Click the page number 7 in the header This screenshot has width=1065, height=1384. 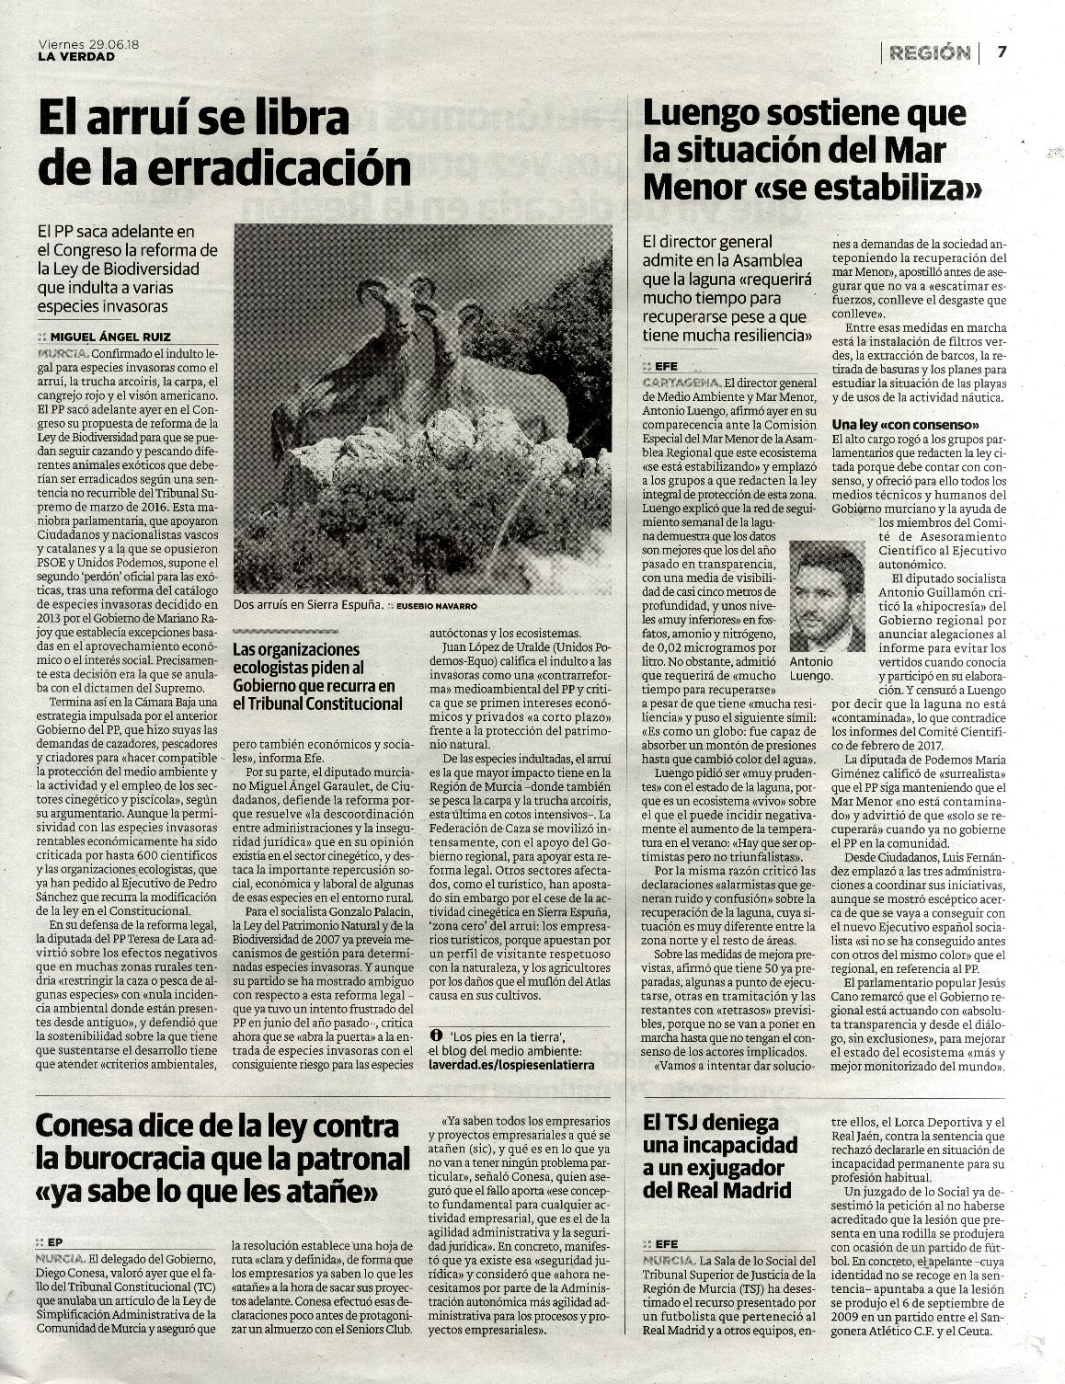pos(1003,51)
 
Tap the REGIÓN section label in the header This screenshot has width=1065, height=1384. pos(929,52)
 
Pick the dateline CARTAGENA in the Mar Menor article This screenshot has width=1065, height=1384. pos(681,382)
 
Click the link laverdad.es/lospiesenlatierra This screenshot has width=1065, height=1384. pos(511,1063)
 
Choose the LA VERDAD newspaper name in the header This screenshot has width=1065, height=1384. pos(77,56)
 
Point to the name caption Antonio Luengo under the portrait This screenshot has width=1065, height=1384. pos(810,668)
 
